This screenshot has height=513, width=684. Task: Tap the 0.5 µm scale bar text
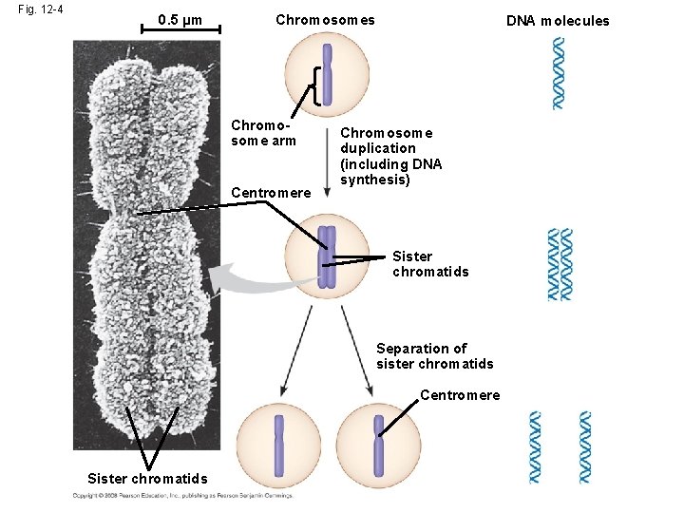click(x=180, y=19)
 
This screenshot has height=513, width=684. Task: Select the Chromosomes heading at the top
click(x=325, y=20)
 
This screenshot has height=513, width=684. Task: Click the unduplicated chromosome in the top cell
click(x=327, y=74)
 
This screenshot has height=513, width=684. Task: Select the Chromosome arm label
click(x=264, y=134)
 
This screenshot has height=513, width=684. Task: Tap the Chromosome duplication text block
click(x=390, y=156)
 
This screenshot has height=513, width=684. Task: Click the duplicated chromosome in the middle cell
click(x=327, y=256)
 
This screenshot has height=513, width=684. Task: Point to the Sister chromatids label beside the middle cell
click(x=429, y=263)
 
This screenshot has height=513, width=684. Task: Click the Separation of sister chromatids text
click(x=434, y=355)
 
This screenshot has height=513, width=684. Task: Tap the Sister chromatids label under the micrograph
click(x=140, y=477)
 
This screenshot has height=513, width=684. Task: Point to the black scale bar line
click(x=180, y=31)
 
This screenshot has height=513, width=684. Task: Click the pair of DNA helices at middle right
click(x=560, y=264)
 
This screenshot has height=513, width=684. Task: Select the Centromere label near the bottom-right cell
click(x=459, y=395)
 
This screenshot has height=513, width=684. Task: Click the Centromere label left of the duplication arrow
click(x=271, y=193)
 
